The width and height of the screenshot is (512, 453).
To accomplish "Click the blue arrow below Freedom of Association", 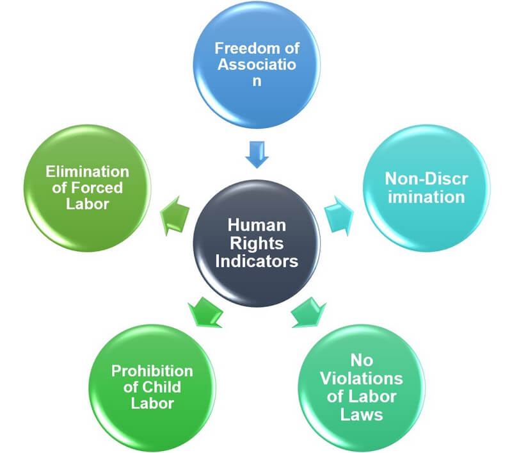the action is pyautogui.click(x=257, y=154).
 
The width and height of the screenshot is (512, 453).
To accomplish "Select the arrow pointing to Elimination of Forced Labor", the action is pyautogui.click(x=175, y=216).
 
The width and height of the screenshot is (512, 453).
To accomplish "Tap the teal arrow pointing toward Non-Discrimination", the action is pyautogui.click(x=339, y=216).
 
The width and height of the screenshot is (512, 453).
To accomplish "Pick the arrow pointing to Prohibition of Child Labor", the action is pyautogui.click(x=205, y=312).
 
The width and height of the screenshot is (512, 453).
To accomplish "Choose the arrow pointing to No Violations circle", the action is pyautogui.click(x=308, y=312).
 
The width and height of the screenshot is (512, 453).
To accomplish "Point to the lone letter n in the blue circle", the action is pyautogui.click(x=257, y=81).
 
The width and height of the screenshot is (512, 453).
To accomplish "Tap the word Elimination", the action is pyautogui.click(x=87, y=172).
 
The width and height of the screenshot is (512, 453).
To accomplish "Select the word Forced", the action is pyautogui.click(x=97, y=188).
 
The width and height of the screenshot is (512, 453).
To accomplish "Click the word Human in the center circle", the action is pyautogui.click(x=257, y=225).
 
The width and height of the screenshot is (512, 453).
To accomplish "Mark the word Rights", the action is pyautogui.click(x=257, y=244).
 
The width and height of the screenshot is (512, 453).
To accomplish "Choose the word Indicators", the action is pyautogui.click(x=257, y=261).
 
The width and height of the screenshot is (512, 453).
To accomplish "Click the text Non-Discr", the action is pyautogui.click(x=426, y=179).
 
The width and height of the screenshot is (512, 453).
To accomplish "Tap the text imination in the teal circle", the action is pyautogui.click(x=426, y=197).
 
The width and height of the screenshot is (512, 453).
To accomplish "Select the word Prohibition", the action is pyautogui.click(x=152, y=371).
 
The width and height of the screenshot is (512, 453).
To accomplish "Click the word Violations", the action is pyautogui.click(x=362, y=379).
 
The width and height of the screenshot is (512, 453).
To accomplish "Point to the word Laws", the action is pyautogui.click(x=362, y=415).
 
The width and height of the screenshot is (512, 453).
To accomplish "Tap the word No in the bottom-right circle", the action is pyautogui.click(x=362, y=361).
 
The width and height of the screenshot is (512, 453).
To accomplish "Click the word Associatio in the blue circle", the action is pyautogui.click(x=257, y=64).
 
